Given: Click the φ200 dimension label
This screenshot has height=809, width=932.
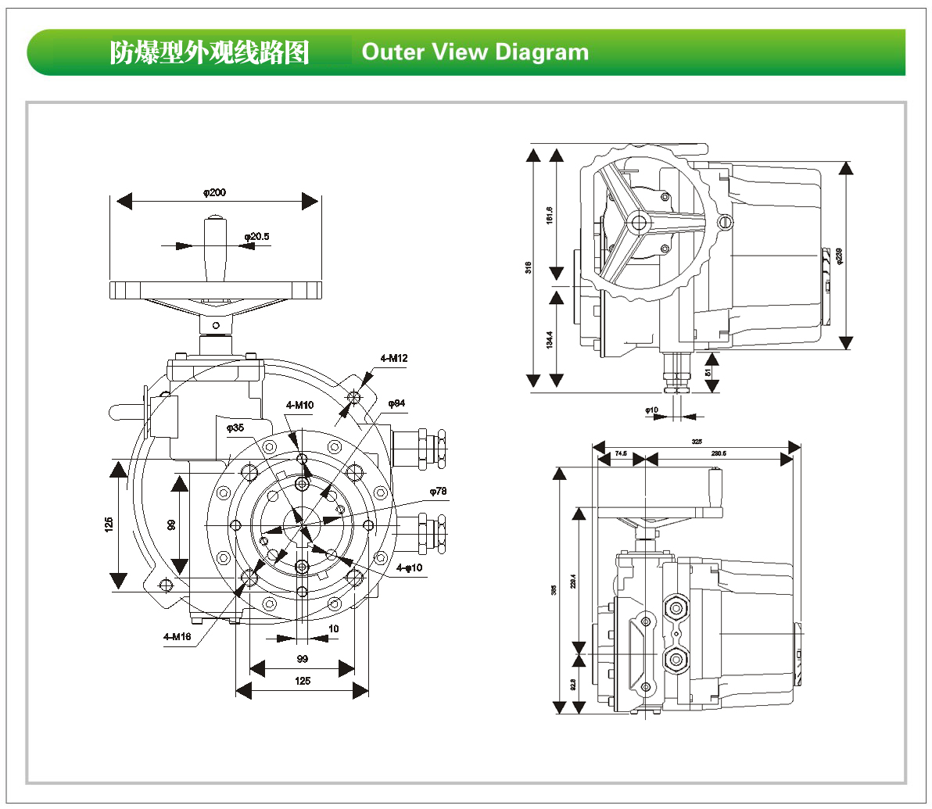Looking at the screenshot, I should pyautogui.click(x=215, y=192).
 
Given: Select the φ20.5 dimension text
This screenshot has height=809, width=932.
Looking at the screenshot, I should pyautogui.click(x=256, y=236).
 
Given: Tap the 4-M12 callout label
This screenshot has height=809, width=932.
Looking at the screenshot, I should pyautogui.click(x=394, y=359).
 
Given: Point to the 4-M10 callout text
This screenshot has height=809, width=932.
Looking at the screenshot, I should pyautogui.click(x=299, y=405).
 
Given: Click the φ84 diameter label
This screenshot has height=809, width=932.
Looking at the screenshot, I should pyautogui.click(x=396, y=403).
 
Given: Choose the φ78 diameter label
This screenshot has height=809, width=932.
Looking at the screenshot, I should pyautogui.click(x=438, y=492).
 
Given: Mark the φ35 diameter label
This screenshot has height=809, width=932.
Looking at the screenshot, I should pyautogui.click(x=235, y=428).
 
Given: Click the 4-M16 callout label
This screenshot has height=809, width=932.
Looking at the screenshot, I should pyautogui.click(x=177, y=637).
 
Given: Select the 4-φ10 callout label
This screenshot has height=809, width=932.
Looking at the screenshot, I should pyautogui.click(x=409, y=567).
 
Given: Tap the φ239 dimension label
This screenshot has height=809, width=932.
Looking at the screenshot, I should pyautogui.click(x=839, y=256).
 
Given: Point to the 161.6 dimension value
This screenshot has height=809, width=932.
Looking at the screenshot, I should pyautogui.click(x=549, y=215).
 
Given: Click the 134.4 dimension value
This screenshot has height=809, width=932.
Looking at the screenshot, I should pyautogui.click(x=549, y=340).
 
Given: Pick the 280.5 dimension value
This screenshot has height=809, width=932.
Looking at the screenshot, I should pyautogui.click(x=719, y=453).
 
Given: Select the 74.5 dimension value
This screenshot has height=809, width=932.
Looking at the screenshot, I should pyautogui.click(x=621, y=453).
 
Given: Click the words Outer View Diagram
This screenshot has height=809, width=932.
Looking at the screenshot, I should pyautogui.click(x=475, y=52).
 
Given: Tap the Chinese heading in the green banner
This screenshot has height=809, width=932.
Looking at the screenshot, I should pyautogui.click(x=209, y=52).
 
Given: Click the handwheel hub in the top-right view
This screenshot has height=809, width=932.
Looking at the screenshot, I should pyautogui.click(x=640, y=224).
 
